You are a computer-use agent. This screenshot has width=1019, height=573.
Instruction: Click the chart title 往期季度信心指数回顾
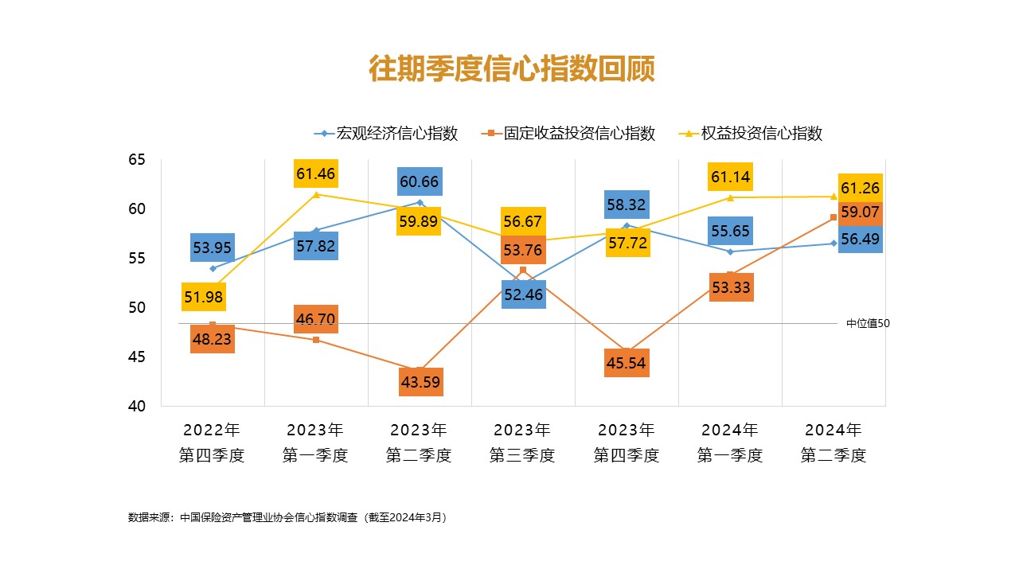tap(511, 69)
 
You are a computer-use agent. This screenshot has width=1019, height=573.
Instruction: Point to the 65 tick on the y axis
tap(137, 160)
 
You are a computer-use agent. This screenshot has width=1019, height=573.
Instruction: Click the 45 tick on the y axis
tap(137, 357)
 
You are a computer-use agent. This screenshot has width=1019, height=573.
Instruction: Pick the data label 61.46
tap(315, 173)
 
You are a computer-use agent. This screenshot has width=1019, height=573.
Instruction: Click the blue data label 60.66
tap(420, 181)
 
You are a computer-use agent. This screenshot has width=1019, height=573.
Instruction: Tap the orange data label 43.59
tap(421, 382)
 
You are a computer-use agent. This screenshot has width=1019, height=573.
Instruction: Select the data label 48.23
tap(213, 338)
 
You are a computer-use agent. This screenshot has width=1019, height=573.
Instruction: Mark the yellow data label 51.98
tap(204, 297)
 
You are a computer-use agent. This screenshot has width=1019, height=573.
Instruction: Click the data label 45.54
tap(626, 364)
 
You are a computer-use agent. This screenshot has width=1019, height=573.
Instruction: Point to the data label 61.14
tap(730, 177)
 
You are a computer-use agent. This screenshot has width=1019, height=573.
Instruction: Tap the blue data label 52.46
tap(523, 294)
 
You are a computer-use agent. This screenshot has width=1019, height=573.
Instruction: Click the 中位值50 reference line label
tap(867, 323)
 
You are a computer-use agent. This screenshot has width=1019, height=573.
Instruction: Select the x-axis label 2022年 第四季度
tap(212, 443)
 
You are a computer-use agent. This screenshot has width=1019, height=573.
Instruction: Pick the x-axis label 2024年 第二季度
tap(834, 443)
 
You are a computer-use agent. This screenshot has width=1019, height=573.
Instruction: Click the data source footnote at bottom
tap(287, 517)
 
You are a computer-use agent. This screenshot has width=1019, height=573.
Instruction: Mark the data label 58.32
tap(627, 205)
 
